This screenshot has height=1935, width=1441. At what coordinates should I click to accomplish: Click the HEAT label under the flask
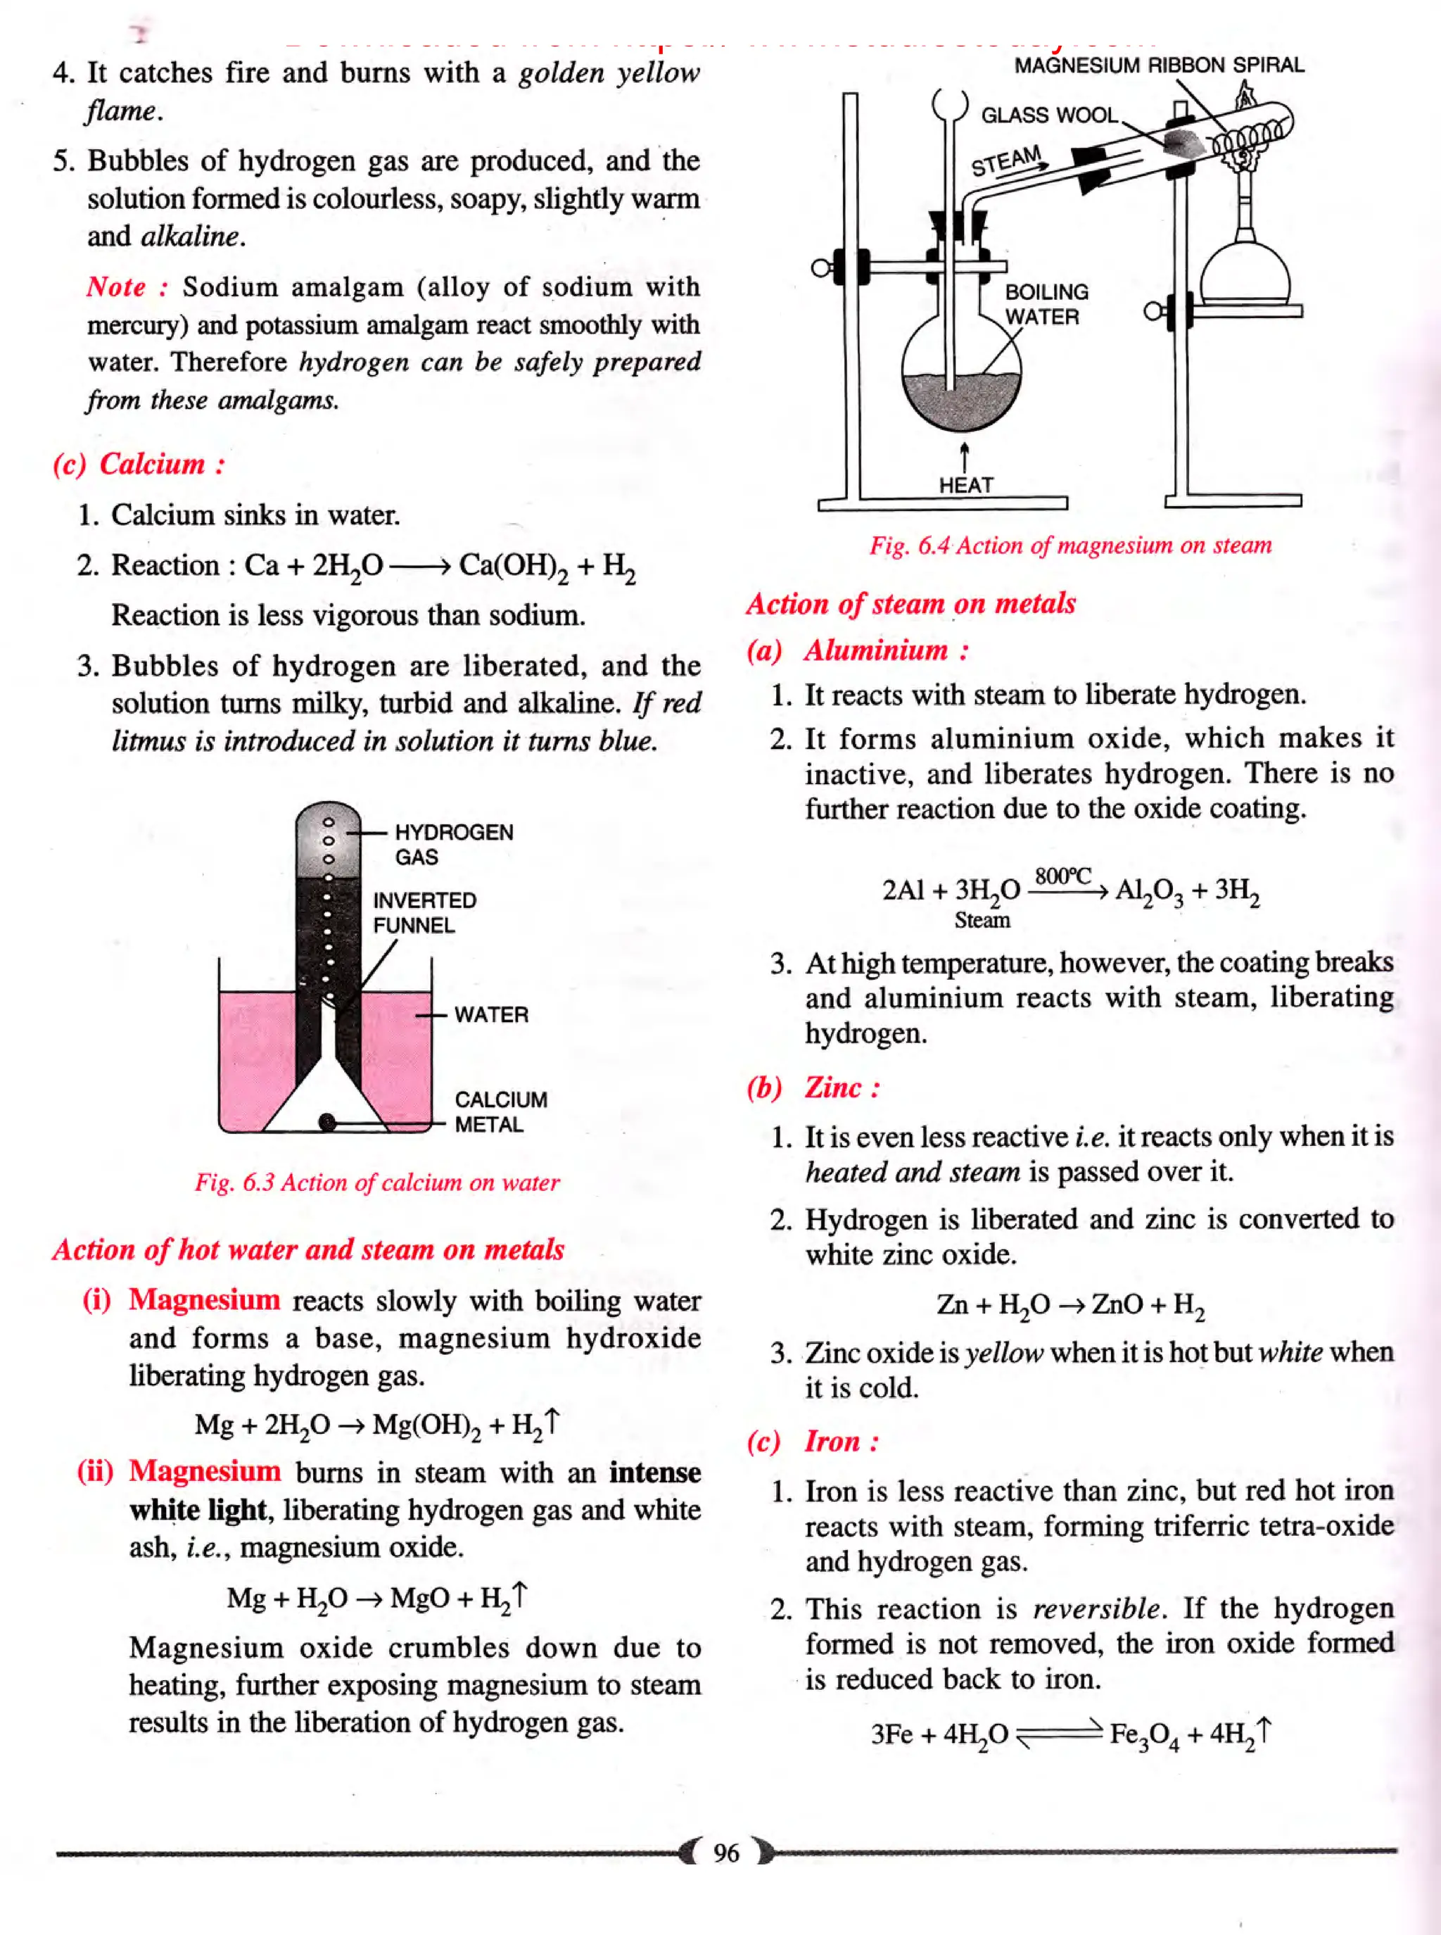coord(965,484)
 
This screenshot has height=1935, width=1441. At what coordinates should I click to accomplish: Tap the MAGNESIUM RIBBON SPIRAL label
coord(1158,65)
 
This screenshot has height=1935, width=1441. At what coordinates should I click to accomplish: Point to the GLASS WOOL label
coord(1049,115)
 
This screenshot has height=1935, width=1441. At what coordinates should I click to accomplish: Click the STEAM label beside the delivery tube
coord(1008,160)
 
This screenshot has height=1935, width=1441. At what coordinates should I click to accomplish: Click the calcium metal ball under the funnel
coord(328,1123)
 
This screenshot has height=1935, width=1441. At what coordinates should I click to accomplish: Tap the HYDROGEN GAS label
coord(452,844)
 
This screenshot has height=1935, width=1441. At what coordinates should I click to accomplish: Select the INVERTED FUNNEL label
coord(424,912)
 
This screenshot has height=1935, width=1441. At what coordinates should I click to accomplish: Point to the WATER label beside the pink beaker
coord(491,1014)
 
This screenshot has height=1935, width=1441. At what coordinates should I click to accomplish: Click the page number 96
coord(725,1851)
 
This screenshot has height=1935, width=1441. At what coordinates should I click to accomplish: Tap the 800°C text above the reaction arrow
coord(1062,876)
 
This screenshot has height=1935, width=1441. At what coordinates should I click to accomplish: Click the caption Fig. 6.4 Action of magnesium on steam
coord(1070,546)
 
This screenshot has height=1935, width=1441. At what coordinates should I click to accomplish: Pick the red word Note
coord(116,286)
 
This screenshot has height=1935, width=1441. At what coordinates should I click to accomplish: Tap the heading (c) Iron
coord(813,1440)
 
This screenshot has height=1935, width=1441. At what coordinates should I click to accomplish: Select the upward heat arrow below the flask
coord(965,456)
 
